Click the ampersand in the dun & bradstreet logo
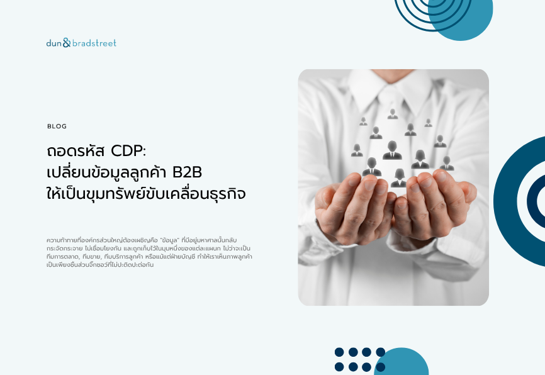(x=67, y=43)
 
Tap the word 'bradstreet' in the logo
(x=94, y=43)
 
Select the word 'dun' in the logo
(x=54, y=43)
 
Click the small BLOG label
(x=57, y=126)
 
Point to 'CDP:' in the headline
(x=128, y=151)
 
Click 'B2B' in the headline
(x=187, y=172)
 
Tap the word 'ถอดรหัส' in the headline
(x=76, y=151)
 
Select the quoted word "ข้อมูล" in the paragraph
(x=169, y=240)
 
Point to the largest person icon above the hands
(x=392, y=150)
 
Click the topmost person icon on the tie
(x=393, y=114)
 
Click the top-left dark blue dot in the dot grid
(x=339, y=352)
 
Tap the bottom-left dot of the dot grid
(x=339, y=367)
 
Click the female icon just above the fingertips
(x=399, y=178)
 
